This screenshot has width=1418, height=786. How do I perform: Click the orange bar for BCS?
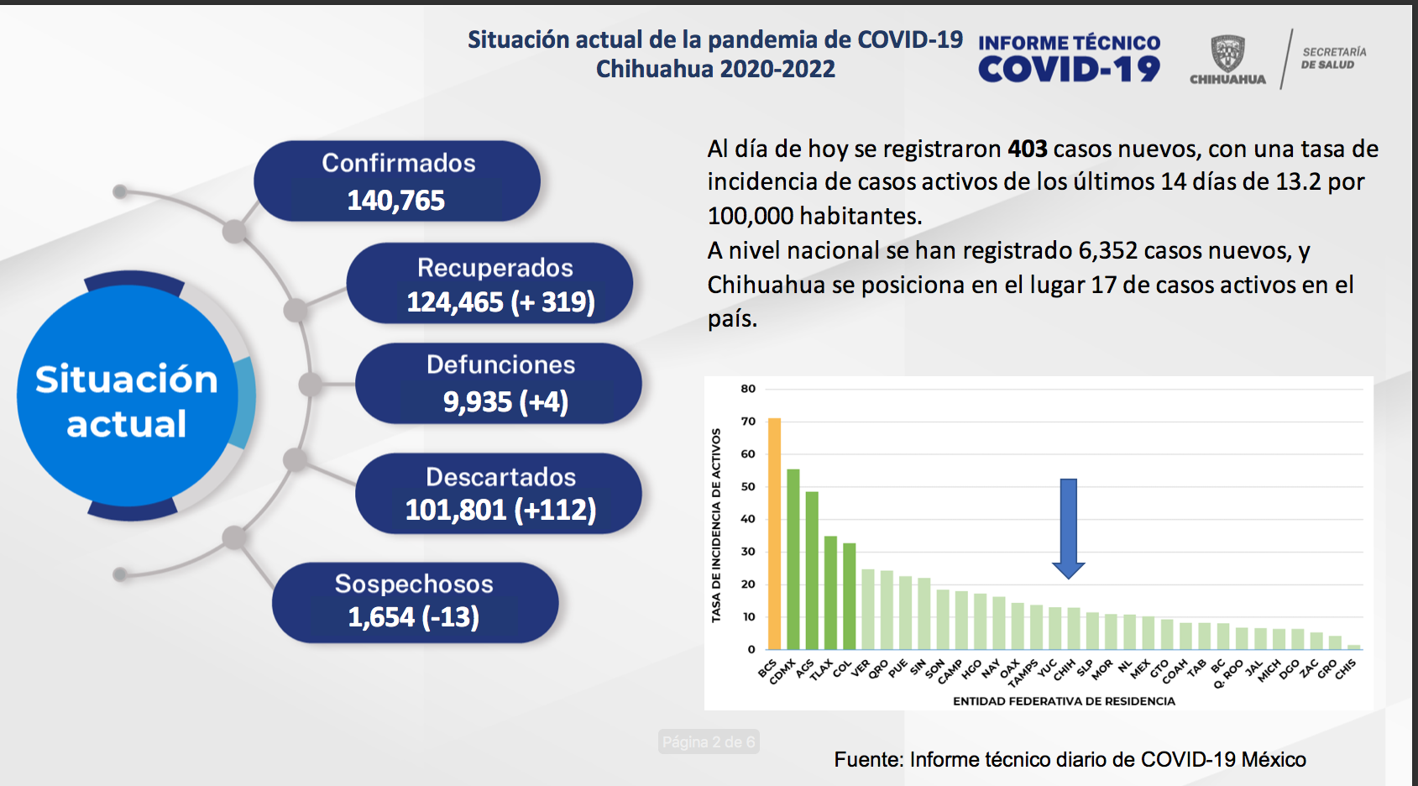774,533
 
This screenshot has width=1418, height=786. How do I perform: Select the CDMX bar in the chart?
793,558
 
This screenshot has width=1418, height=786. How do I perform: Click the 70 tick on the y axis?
748,422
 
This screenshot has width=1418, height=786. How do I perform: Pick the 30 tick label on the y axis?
748,552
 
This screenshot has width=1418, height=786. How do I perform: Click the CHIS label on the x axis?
1346,669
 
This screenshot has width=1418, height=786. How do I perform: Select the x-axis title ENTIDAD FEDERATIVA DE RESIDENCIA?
1064,701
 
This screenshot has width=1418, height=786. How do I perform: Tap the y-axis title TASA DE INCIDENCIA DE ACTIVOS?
716,525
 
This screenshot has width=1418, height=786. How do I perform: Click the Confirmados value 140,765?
396,201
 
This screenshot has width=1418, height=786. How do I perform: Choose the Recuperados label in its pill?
495,268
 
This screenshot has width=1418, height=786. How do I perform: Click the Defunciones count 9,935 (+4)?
505,402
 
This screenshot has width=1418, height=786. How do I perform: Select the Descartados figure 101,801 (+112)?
500,510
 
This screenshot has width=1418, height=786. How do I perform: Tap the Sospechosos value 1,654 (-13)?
414,617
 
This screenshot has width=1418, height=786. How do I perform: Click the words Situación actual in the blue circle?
127,401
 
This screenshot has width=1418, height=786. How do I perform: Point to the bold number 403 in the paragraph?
1028,149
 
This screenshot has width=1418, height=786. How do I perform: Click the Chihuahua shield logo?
1227,54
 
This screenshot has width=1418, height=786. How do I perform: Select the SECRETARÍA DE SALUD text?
1333,58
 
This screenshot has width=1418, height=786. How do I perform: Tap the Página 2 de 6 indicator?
709,741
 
